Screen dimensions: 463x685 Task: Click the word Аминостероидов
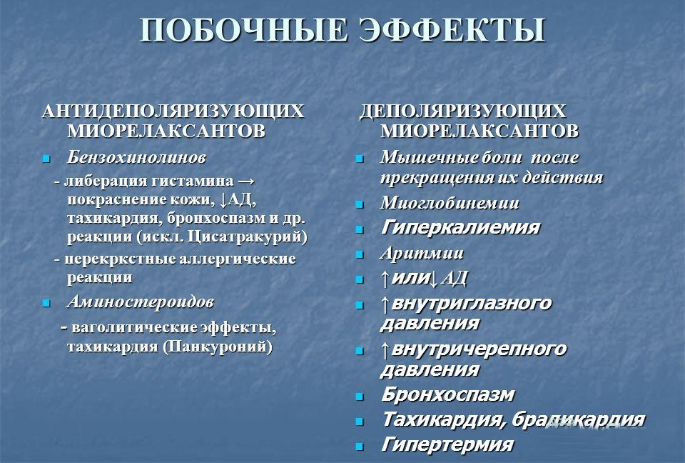point(140,302)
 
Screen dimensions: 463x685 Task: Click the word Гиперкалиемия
point(460,228)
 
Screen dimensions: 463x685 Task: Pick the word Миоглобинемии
point(450,204)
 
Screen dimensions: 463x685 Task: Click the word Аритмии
point(422,253)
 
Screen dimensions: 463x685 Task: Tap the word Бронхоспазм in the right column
point(447,394)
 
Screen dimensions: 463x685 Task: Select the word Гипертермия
point(447,444)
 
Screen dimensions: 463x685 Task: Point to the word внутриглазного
point(472,303)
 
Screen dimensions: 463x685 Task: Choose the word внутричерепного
point(479,349)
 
